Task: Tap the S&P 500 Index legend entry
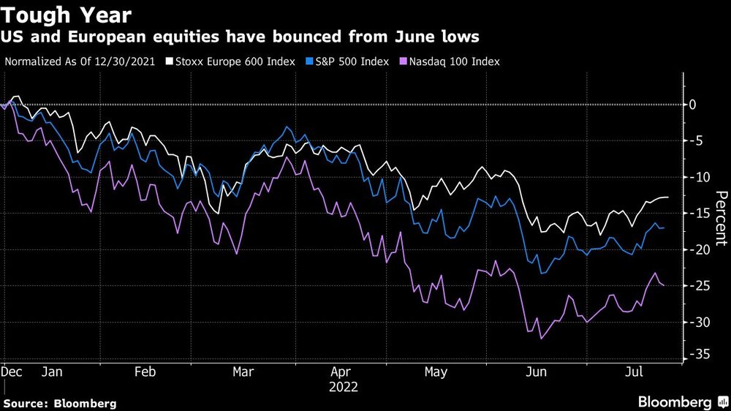[x=347, y=61]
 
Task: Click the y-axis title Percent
[x=721, y=216]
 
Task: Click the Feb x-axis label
[x=145, y=372]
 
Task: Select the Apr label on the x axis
[x=341, y=372]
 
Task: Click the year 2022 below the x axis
[x=344, y=385]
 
